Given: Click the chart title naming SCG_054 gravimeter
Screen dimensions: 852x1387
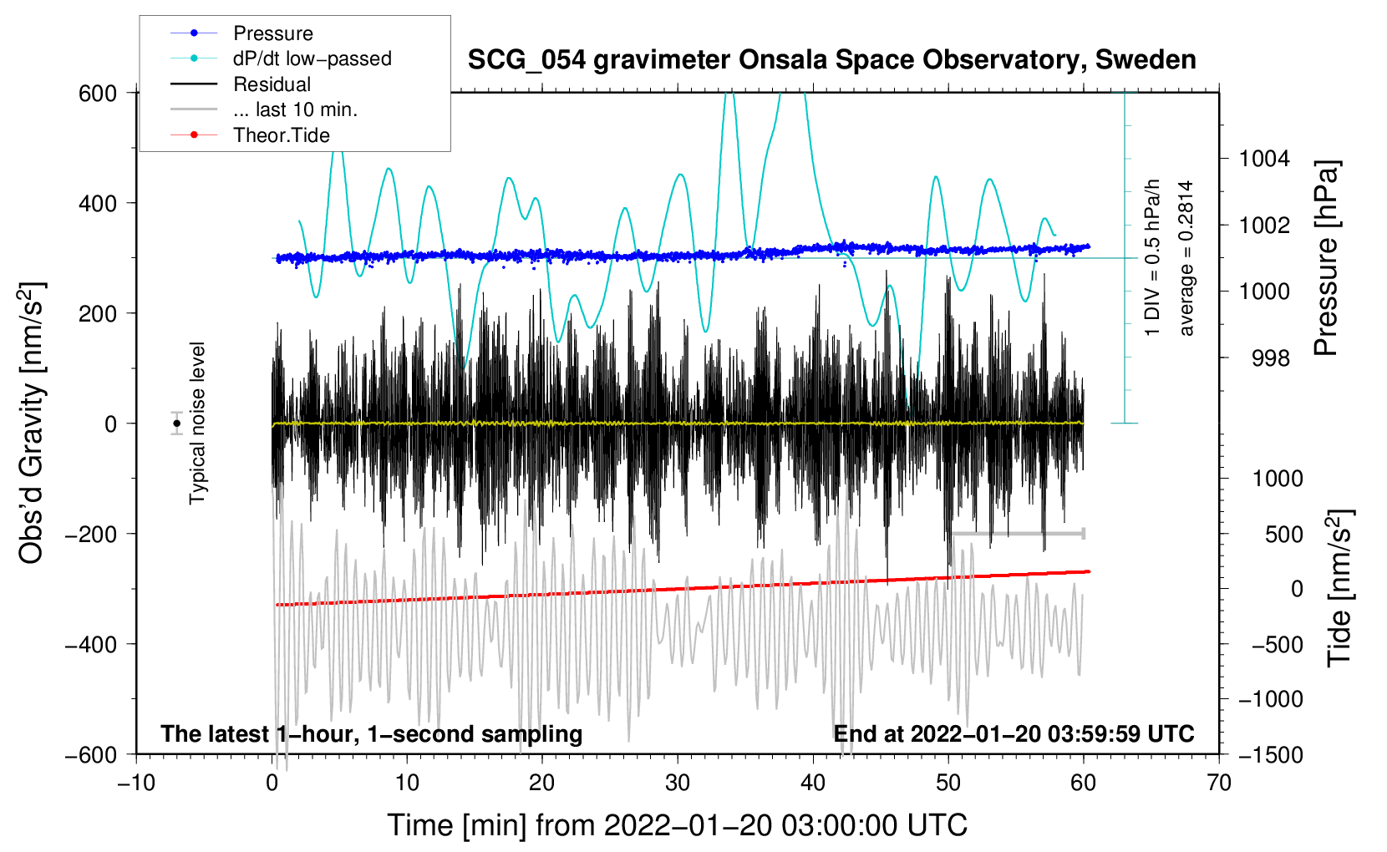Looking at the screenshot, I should point(831,60).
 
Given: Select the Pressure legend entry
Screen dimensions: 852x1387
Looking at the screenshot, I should point(272,33).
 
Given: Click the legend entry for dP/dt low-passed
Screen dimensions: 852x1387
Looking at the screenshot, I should point(312,58).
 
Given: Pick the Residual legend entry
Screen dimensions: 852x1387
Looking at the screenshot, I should point(272,84).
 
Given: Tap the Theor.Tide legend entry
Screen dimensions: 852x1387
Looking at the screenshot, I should point(281,135).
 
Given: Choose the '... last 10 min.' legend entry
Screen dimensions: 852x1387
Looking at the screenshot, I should point(295,109).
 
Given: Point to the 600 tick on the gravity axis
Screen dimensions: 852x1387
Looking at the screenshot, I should point(98,93).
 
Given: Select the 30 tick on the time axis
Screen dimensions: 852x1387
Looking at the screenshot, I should point(678,783).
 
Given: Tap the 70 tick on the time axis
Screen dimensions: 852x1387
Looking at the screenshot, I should point(1219,783).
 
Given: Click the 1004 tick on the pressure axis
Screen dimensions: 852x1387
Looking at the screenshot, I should point(1264,159).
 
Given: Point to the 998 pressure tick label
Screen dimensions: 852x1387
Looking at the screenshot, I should point(1270,358).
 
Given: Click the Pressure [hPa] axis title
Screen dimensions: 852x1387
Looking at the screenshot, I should point(1326,259).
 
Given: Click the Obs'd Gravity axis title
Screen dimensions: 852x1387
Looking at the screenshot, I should point(32,423).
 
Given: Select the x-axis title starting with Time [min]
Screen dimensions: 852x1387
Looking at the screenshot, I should point(677,825).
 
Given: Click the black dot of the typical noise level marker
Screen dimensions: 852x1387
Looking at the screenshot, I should point(177,423).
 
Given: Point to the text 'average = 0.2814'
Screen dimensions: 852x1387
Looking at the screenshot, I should point(1186,259).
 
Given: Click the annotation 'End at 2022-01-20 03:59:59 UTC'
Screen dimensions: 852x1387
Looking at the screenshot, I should point(1014,733).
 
